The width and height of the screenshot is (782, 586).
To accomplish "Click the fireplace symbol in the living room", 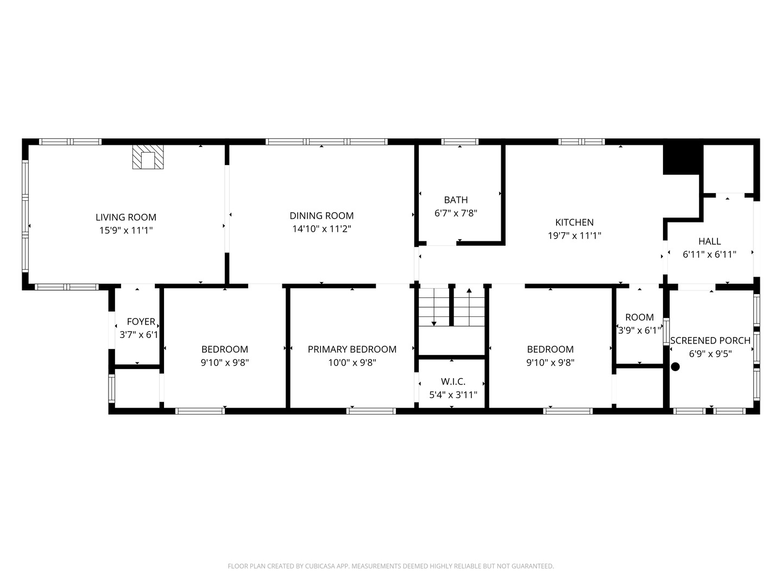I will pyautogui.click(x=147, y=157).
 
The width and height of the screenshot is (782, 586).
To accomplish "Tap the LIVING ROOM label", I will pyautogui.click(x=126, y=217).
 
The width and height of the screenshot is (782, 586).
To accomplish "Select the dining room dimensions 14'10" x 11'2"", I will pyautogui.click(x=321, y=229).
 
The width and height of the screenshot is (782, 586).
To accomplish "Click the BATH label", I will pyautogui.click(x=456, y=200).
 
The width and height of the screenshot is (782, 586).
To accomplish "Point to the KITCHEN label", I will pyautogui.click(x=574, y=222).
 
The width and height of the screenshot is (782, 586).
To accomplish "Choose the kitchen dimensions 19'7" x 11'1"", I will pyautogui.click(x=574, y=235).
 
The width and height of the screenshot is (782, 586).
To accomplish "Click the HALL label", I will pyautogui.click(x=709, y=241).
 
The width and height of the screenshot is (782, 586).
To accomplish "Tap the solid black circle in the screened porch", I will pyautogui.click(x=675, y=367).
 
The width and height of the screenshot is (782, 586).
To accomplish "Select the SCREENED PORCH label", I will pyautogui.click(x=710, y=340).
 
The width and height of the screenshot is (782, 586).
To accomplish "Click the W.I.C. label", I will pyautogui.click(x=453, y=381).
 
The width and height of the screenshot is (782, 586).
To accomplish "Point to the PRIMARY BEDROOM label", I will pyautogui.click(x=352, y=349).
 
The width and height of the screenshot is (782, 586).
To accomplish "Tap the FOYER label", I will pyautogui.click(x=141, y=322).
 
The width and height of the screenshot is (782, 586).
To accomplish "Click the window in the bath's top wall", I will pyautogui.click(x=459, y=142).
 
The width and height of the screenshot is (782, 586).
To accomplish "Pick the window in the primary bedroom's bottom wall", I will pyautogui.click(x=371, y=411).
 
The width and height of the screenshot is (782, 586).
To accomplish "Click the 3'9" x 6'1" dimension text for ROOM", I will pyautogui.click(x=639, y=330).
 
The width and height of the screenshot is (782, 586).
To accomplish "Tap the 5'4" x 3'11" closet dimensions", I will pyautogui.click(x=453, y=395).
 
